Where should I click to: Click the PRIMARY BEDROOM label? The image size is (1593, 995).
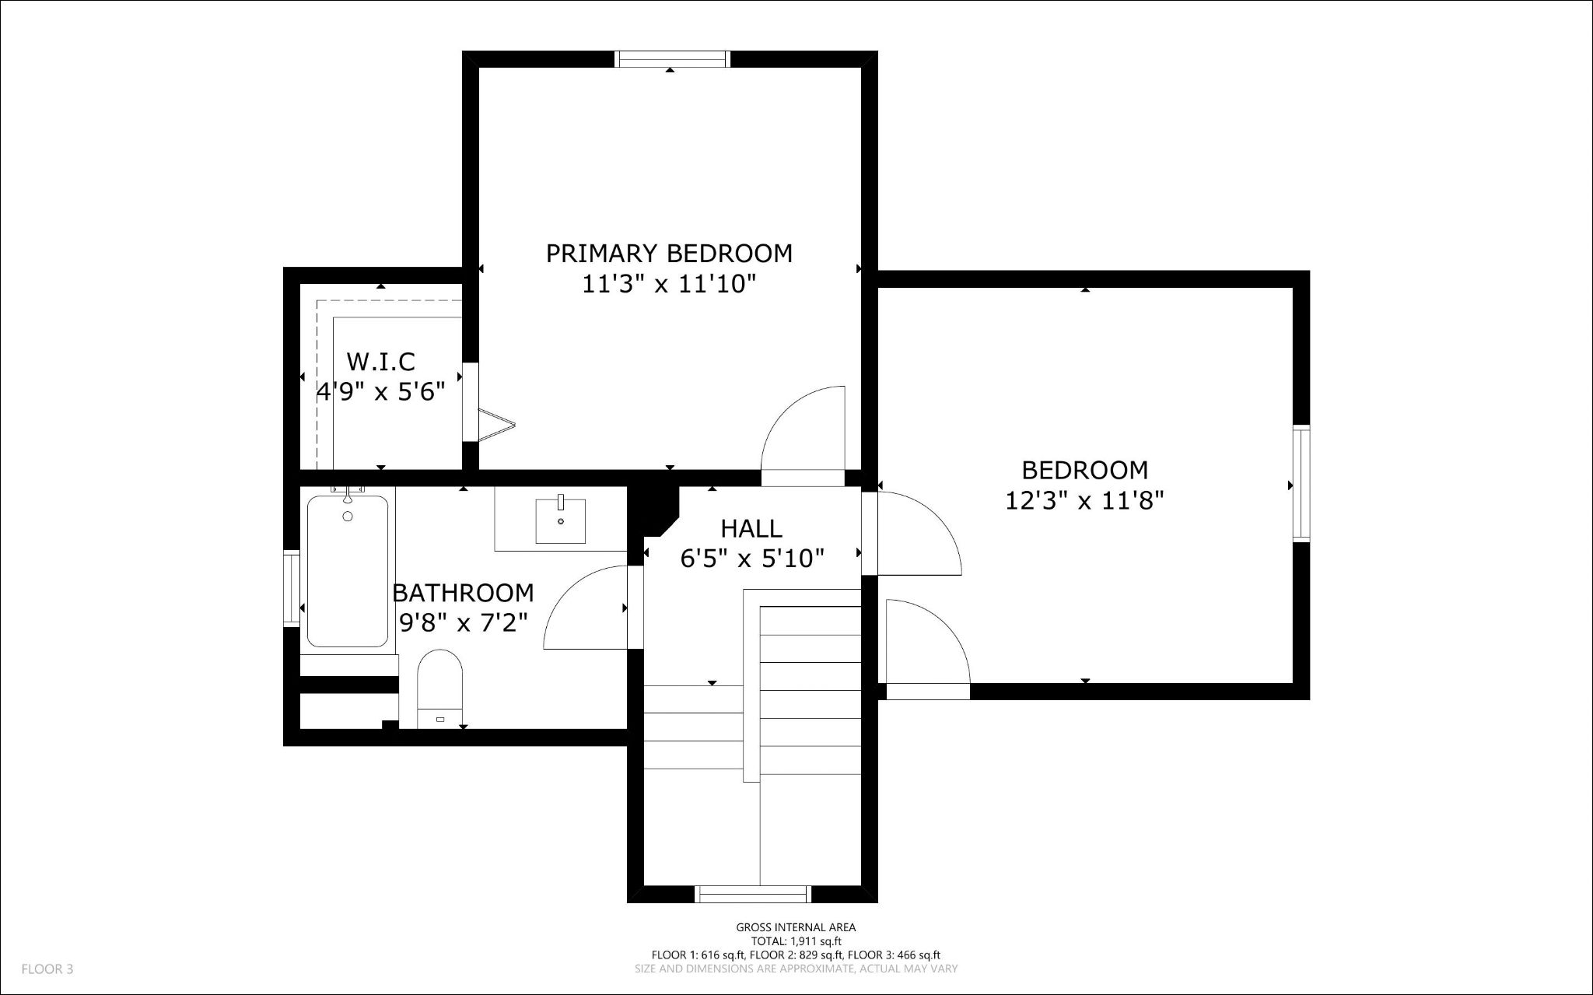click(669, 254)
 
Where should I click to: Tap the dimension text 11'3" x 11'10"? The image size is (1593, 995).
click(669, 285)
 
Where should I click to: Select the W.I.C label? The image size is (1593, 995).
click(380, 362)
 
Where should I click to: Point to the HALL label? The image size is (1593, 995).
click(751, 529)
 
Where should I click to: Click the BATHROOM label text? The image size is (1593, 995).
click(463, 593)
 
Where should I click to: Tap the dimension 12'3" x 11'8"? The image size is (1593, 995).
click(1084, 500)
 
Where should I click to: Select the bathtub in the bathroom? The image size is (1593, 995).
click(348, 572)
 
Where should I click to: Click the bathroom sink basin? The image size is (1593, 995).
click(560, 521)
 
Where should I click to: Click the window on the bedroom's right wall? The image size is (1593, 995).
click(1301, 483)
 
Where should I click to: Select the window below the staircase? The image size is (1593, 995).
click(752, 894)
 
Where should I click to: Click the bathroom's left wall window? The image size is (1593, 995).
click(292, 587)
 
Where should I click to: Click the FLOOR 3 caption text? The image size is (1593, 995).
click(47, 969)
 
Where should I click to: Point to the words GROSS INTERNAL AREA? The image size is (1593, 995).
click(796, 927)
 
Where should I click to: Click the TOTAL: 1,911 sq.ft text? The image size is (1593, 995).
click(796, 941)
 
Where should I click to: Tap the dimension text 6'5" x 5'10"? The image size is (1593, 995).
click(752, 559)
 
